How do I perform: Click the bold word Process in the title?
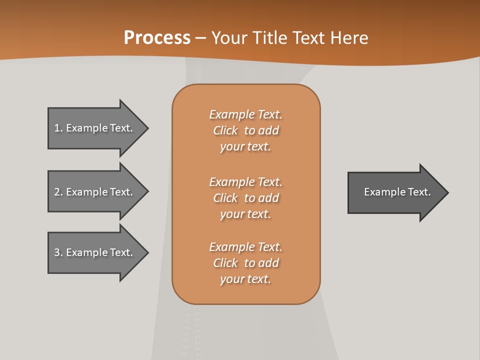[157, 38]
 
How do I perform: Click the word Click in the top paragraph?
[225, 130]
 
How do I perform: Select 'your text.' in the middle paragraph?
[245, 214]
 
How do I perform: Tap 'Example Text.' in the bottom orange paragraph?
[245, 247]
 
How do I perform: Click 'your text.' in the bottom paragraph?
[245, 279]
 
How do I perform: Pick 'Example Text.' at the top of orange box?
[245, 114]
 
